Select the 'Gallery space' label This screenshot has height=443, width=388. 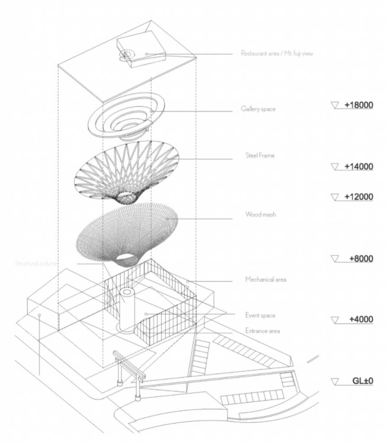click(x=259, y=109)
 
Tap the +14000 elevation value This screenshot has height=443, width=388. click(x=358, y=167)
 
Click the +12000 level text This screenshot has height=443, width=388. click(x=358, y=196)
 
